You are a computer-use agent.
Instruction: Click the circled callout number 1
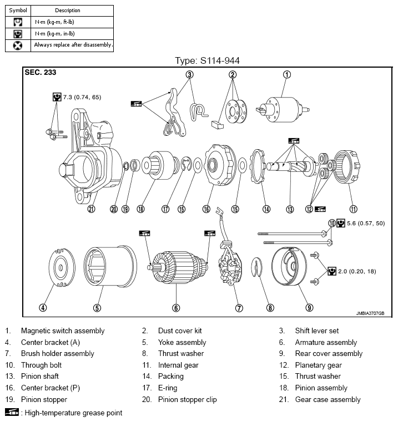[x=287, y=74]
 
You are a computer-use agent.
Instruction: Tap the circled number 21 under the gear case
[x=91, y=209]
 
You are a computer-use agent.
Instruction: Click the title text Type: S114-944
[x=207, y=60]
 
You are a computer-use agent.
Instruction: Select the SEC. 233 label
[x=41, y=73]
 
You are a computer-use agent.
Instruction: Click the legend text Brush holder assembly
[x=58, y=354]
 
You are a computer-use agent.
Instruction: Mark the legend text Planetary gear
[x=318, y=365]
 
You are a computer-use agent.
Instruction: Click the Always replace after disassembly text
[x=73, y=45]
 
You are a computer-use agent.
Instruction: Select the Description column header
[x=68, y=11]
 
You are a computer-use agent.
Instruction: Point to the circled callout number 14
[x=266, y=209]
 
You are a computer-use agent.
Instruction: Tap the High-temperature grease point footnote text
[x=71, y=413]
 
